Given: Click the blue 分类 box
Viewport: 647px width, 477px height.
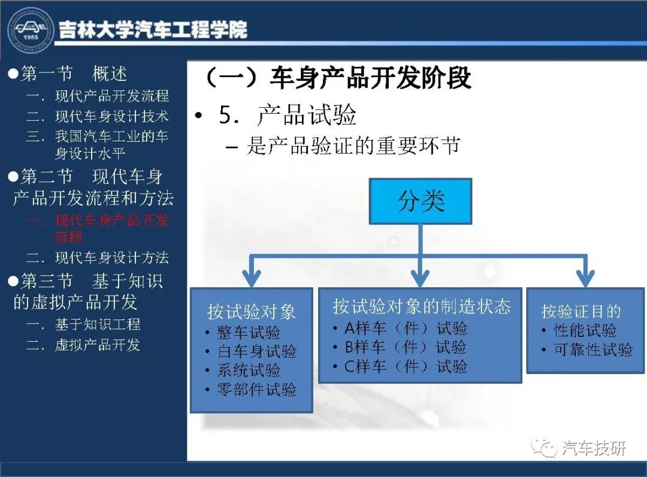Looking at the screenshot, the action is click(421, 201).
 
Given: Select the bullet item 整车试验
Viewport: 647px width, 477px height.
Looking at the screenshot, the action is click(243, 332).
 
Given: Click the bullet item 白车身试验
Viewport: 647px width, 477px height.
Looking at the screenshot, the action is click(251, 351).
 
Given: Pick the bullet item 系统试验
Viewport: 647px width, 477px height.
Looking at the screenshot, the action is click(243, 370).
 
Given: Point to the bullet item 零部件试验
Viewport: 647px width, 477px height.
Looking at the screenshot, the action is click(251, 389).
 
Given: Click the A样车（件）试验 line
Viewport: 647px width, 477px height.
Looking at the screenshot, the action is click(401, 328).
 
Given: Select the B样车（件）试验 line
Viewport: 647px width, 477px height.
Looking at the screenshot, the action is click(401, 347).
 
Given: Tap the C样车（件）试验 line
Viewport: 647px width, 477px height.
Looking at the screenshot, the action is click(401, 366).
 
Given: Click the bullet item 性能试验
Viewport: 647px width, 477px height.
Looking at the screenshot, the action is click(579, 330).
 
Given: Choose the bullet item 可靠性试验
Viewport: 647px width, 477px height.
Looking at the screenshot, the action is click(588, 350).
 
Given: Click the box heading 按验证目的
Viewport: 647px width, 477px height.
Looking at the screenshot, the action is click(581, 311).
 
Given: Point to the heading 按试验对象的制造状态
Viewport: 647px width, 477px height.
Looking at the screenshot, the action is click(422, 306).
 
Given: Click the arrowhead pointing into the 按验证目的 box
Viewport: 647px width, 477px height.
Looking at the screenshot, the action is click(586, 279).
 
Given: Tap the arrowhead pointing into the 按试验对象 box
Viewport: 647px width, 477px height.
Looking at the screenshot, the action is click(252, 279).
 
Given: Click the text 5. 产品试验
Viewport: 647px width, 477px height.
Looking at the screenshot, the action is click(288, 115).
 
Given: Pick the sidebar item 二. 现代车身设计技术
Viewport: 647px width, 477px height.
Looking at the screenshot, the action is click(98, 116).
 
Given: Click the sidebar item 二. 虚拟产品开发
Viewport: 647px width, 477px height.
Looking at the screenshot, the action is click(83, 345).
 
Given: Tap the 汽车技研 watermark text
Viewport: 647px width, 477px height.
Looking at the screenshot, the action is click(594, 447).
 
